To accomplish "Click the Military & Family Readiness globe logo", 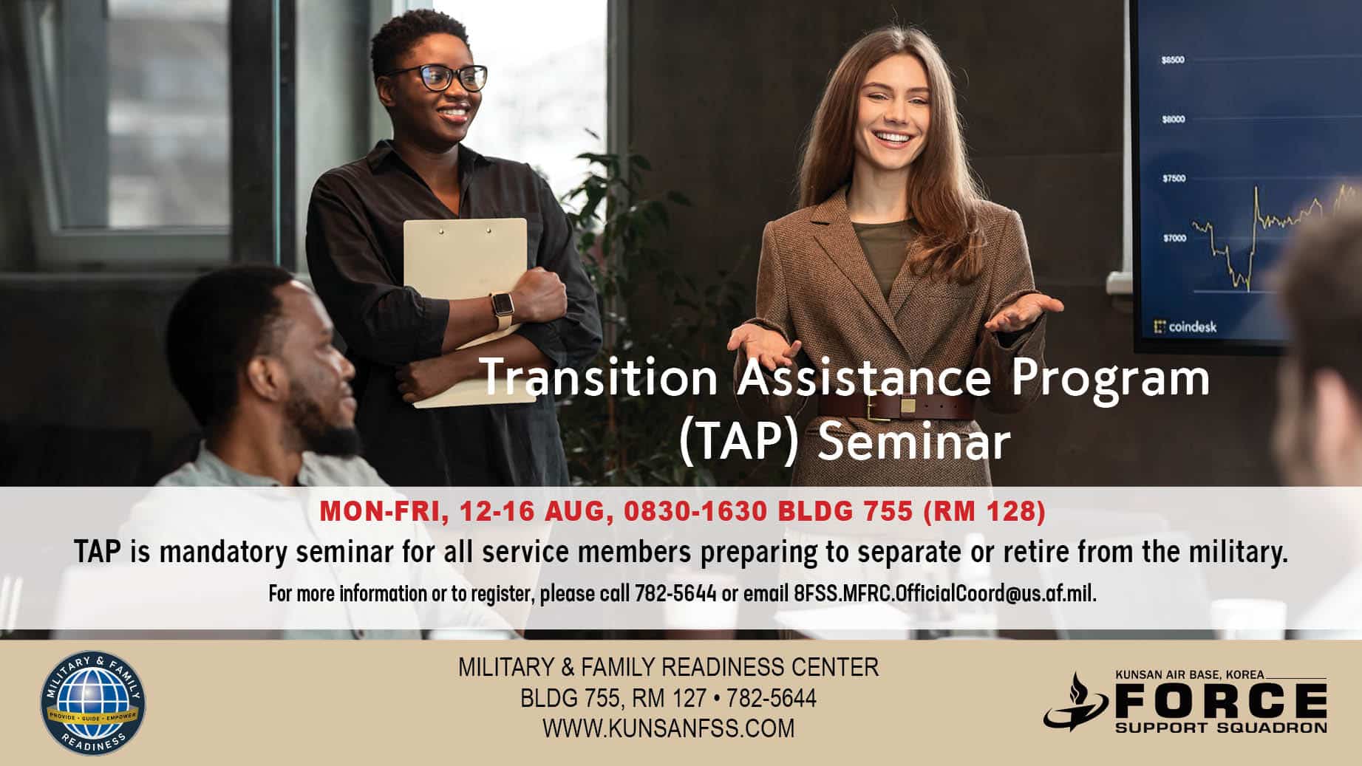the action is click(92, 702).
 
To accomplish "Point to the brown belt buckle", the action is click(908, 406).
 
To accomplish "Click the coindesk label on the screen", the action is click(1185, 326).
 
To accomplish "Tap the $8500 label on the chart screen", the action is click(1173, 60).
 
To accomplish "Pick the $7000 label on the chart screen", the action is click(1174, 238).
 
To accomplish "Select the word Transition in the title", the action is click(599, 377).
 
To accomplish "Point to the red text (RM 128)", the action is click(984, 511).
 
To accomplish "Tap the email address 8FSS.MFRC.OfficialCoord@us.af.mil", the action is click(944, 593).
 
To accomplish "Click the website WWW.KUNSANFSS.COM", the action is click(669, 728).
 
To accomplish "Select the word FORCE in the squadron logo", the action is click(1220, 700).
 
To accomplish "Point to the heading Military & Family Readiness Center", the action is click(669, 667).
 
